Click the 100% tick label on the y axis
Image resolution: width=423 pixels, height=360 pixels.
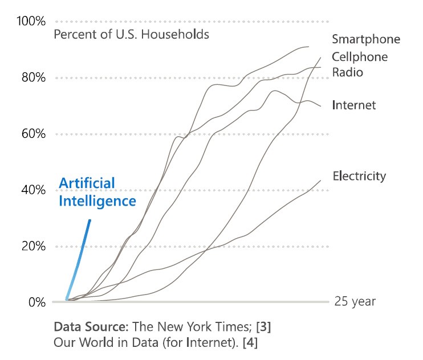coord(31,22)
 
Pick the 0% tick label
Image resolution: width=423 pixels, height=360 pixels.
coord(36,302)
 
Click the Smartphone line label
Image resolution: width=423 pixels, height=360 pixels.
coord(366,39)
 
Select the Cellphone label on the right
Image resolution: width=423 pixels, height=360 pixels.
coord(359,57)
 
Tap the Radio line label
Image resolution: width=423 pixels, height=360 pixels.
coord(347,72)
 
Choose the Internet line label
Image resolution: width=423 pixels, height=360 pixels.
coord(353,105)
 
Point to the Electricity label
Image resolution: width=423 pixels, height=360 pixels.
coord(359,176)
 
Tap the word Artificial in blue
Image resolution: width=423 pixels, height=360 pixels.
coord(87,183)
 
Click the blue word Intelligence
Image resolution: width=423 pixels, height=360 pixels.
coord(97,201)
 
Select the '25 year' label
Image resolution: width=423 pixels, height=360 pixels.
coord(355,301)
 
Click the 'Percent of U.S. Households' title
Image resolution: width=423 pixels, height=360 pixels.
coord(131,34)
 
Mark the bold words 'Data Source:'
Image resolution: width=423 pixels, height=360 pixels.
coord(91,328)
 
